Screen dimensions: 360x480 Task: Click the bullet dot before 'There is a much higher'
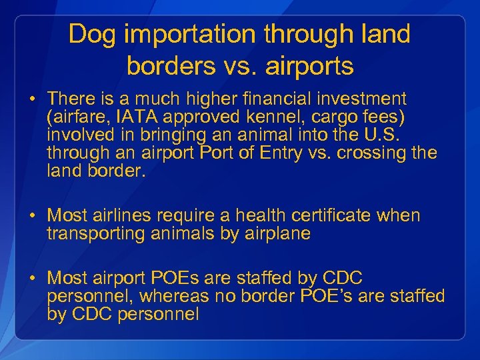tap(32, 99)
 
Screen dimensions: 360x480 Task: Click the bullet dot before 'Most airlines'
tap(32, 216)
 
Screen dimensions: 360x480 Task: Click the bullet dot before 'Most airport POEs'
tap(32, 278)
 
